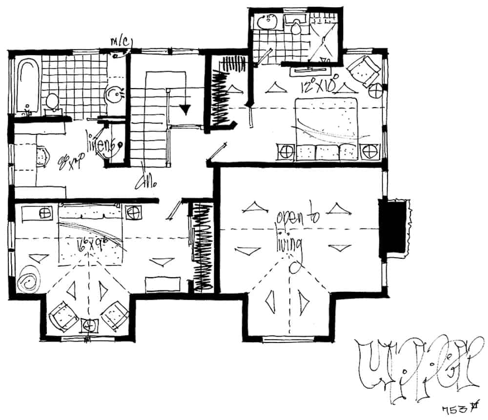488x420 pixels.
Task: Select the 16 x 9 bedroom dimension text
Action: click(x=94, y=243)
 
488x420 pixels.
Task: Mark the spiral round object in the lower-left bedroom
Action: click(x=27, y=279)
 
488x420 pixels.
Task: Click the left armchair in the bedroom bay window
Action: click(x=63, y=314)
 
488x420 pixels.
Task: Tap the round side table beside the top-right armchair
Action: click(x=376, y=91)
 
